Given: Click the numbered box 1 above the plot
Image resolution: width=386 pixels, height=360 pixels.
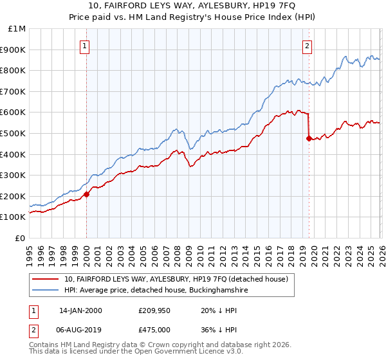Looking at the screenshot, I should (86, 46).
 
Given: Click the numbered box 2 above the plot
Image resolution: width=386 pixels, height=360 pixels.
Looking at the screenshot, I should (308, 46).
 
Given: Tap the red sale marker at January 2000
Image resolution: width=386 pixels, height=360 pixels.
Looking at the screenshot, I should (86, 194).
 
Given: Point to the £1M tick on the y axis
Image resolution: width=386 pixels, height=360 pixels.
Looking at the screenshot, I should (18, 29).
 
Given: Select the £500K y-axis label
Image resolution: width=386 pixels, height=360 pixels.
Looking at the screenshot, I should (14, 134).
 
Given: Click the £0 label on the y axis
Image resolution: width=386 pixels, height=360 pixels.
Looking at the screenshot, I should (21, 238).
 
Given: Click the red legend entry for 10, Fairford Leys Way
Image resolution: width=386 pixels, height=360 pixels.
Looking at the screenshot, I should (179, 279).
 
